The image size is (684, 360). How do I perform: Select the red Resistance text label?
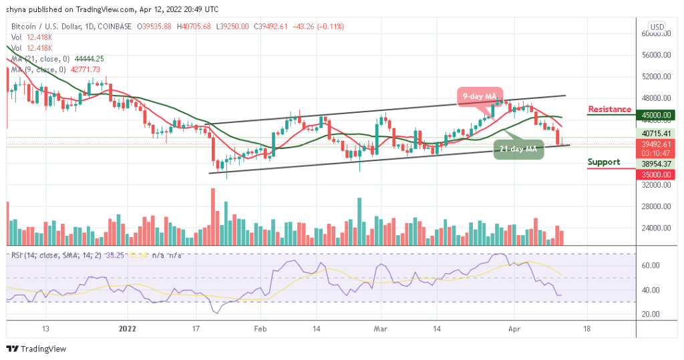coord(609,110)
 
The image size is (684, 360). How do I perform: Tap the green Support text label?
coord(603,162)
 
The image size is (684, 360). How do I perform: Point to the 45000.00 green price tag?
coord(657,115)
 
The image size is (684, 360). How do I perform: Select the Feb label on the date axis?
coord(261,329)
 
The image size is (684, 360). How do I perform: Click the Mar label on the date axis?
coord(380,329)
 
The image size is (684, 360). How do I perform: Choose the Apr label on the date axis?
coord(514,329)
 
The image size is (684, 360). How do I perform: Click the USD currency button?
coord(657,27)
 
